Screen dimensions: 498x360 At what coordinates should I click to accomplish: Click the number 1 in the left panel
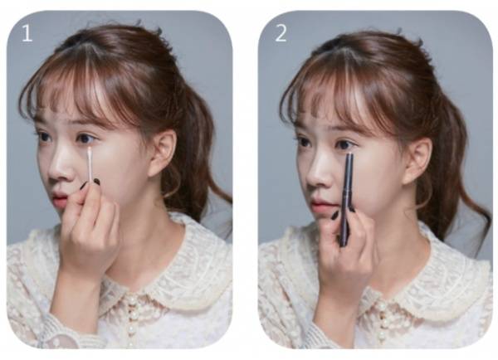27,33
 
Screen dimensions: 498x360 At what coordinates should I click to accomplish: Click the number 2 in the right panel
281,33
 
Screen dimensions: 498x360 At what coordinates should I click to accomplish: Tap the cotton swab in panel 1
90,165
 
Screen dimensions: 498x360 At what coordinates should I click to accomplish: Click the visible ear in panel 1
163,153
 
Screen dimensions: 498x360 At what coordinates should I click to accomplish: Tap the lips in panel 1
60,200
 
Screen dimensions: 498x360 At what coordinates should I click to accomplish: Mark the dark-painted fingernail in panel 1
96,182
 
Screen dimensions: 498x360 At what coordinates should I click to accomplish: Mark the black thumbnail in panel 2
335,215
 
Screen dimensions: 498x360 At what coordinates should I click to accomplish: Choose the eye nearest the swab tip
85,139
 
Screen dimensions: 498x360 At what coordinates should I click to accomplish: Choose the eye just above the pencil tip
344,145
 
